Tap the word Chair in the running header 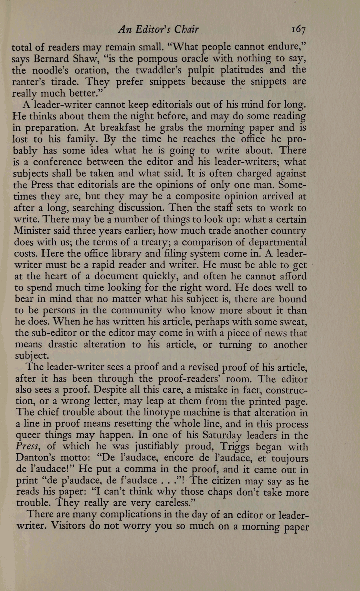(186, 30)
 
